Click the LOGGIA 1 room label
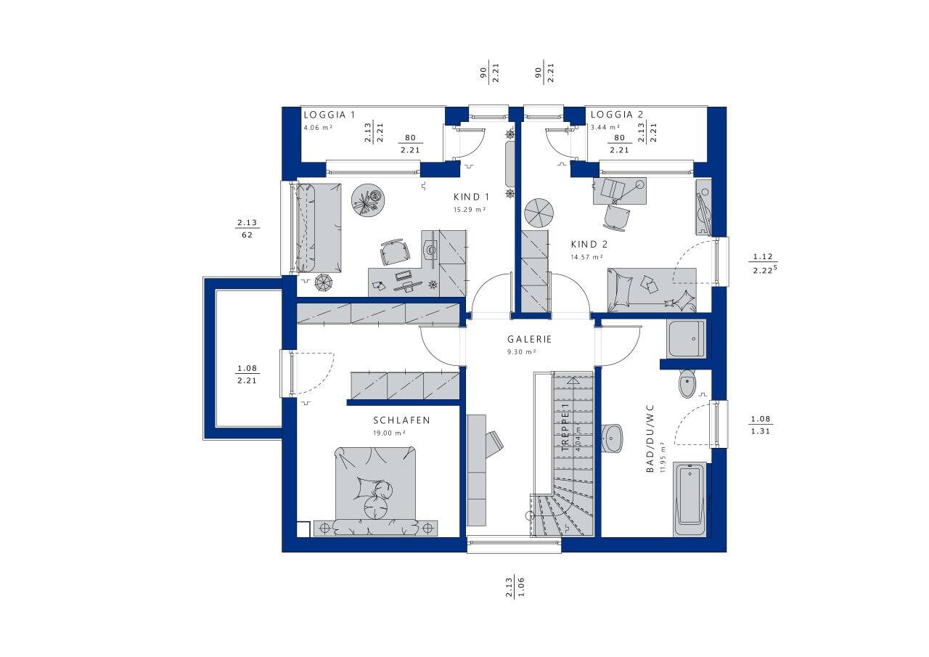tap(330, 115)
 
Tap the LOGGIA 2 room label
tap(617, 115)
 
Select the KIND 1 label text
tap(471, 197)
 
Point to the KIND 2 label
tap(589, 245)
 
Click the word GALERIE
tap(529, 339)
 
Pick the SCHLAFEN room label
tap(401, 420)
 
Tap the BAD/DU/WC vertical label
tap(651, 439)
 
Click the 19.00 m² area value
tap(390, 433)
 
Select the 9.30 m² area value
tap(521, 351)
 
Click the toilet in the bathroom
tap(687, 383)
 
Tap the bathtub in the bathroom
tap(689, 496)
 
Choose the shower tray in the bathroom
tap(686, 338)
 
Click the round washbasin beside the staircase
tap(613, 438)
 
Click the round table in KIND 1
tap(369, 199)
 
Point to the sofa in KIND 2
tap(652, 288)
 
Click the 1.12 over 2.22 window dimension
tap(763, 263)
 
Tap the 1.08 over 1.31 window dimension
tap(761, 425)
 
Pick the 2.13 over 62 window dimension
tap(247, 229)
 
